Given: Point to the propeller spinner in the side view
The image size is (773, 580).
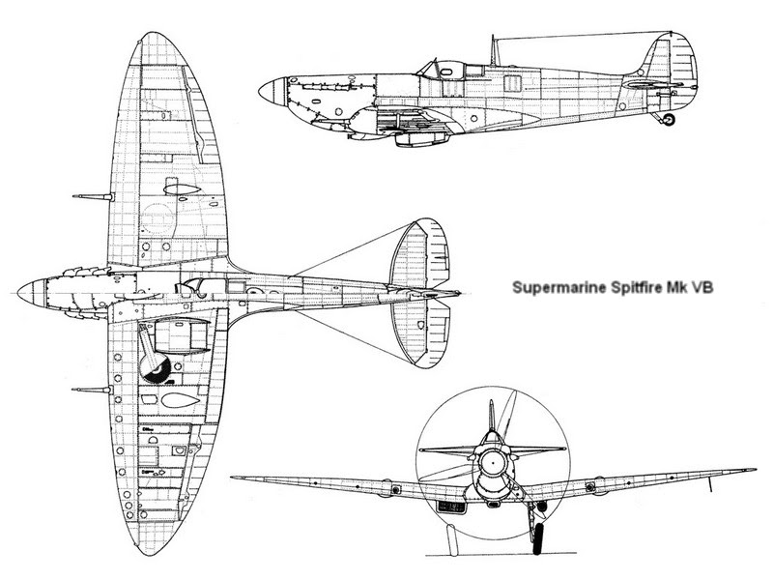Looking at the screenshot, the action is pos(273,93).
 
